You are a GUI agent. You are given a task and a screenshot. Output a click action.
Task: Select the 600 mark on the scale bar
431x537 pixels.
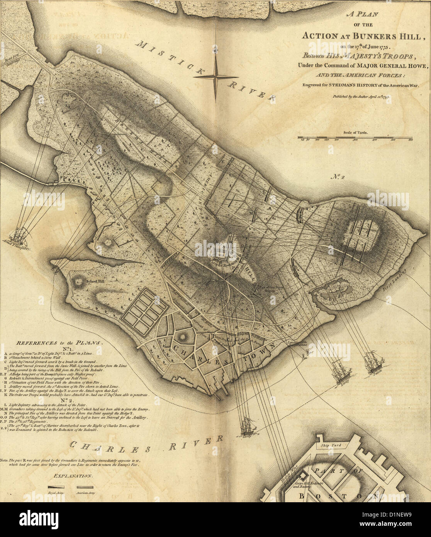coord(411,139)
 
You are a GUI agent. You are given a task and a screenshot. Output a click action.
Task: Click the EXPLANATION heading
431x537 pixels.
coord(73,476)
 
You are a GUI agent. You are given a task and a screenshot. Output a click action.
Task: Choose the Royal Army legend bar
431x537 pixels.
coord(56,488)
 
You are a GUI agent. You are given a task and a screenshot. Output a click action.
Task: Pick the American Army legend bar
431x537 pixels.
coord(85,488)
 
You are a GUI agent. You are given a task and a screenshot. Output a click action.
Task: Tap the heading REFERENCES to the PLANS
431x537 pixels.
coord(58,343)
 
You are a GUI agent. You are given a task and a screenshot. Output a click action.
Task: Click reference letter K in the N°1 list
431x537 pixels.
coord(6,395)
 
